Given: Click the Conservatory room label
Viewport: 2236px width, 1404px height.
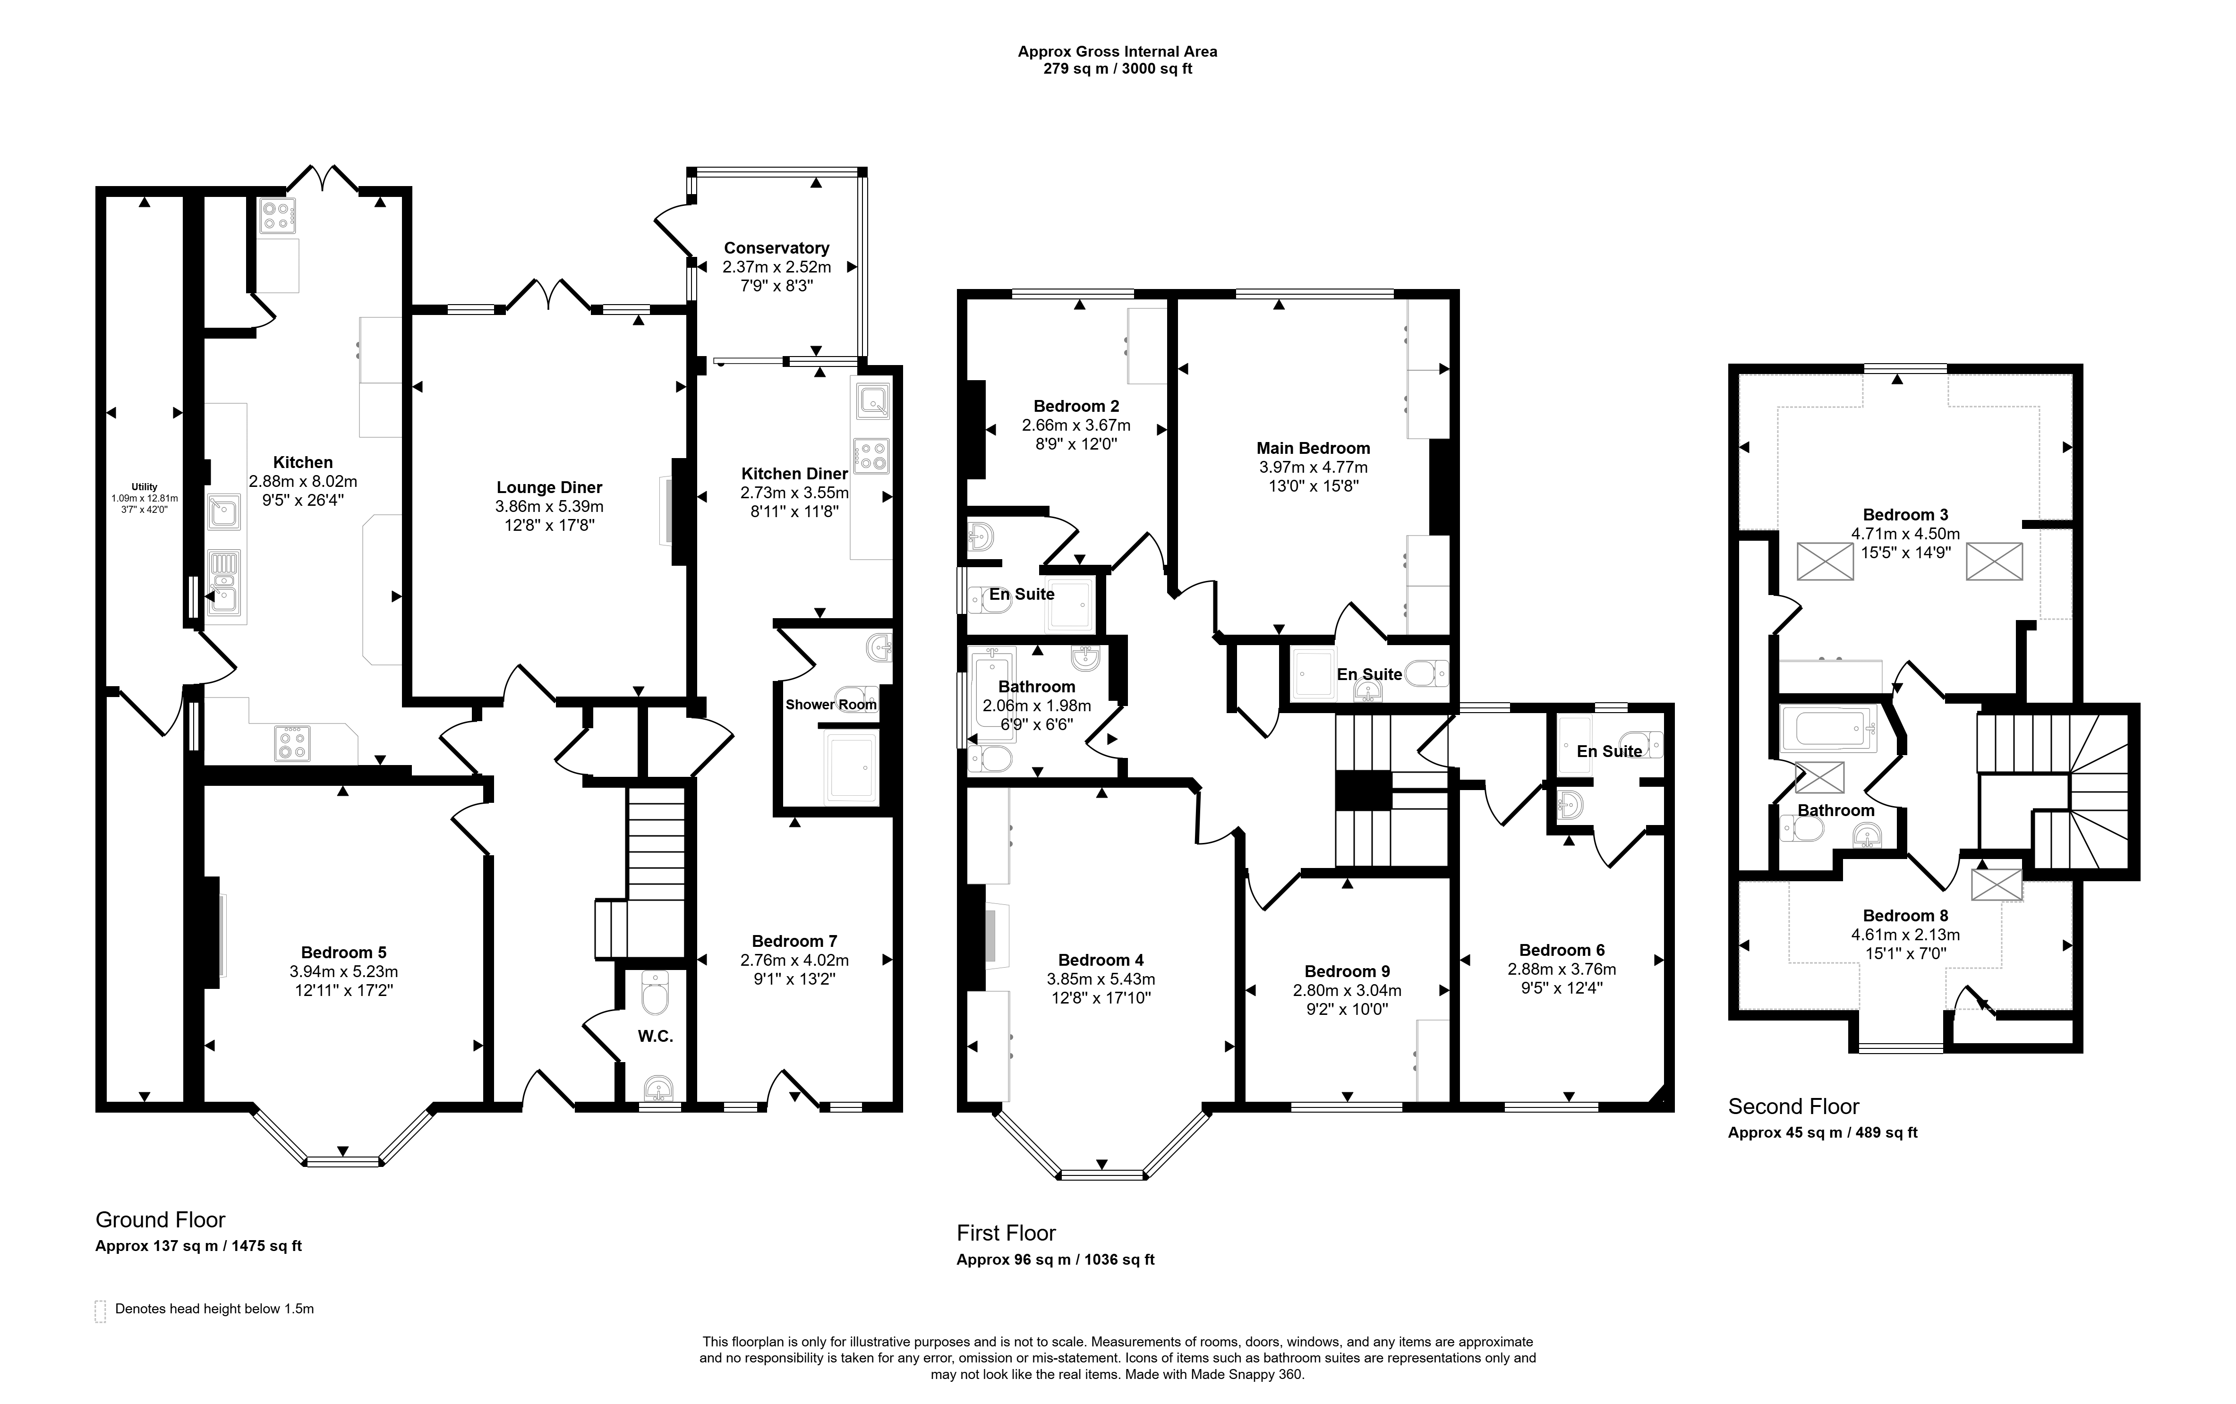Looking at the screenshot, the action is [x=777, y=248].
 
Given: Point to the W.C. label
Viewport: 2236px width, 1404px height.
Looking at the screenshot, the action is [x=656, y=1036].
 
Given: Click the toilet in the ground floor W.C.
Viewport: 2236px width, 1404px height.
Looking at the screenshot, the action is [x=656, y=994].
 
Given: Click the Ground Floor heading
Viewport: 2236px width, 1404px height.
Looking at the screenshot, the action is [x=161, y=1220].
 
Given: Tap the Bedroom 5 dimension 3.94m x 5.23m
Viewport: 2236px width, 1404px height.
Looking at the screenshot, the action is [x=343, y=971].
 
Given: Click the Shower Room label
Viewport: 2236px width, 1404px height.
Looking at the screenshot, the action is [x=831, y=705].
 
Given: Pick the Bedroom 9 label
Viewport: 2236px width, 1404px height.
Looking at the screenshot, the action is [x=1348, y=971].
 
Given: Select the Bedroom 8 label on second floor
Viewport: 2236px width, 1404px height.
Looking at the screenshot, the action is [x=1899, y=916].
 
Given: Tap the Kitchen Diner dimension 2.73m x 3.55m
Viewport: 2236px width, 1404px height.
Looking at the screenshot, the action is [x=795, y=493].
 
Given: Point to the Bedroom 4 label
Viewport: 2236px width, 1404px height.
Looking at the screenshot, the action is [x=1101, y=960].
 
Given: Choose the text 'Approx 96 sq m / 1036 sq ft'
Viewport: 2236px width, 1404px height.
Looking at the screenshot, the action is [x=1056, y=1260].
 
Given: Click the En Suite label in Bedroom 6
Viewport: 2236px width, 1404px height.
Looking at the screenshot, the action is [x=1609, y=751].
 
